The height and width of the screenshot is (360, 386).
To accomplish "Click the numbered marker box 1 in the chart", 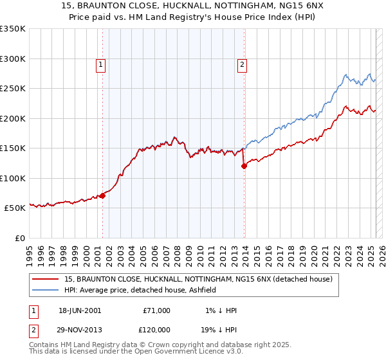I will pos(102,64).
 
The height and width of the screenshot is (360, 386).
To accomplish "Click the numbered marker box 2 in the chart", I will pos(242,64).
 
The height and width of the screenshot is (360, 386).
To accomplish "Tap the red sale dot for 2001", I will pos(102,195).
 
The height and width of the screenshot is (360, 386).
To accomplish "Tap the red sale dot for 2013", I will pos(244,166).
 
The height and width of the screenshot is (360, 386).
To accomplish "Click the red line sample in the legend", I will pos(46,279).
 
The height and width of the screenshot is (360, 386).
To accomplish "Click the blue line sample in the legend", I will pos(46,291).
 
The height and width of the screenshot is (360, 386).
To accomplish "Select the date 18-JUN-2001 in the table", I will pos(80,310).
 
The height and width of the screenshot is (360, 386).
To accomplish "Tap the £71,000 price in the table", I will pos(157,310).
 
